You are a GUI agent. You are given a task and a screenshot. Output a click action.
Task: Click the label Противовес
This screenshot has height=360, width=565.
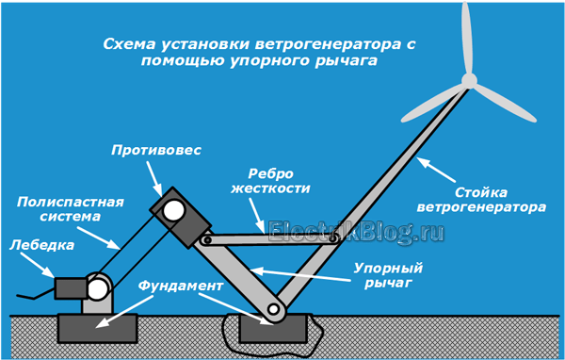(156, 149)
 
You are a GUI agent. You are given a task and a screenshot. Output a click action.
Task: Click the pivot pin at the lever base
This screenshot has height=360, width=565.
(273, 309)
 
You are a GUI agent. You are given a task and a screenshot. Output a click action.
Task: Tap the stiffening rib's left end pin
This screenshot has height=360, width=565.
(205, 239)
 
